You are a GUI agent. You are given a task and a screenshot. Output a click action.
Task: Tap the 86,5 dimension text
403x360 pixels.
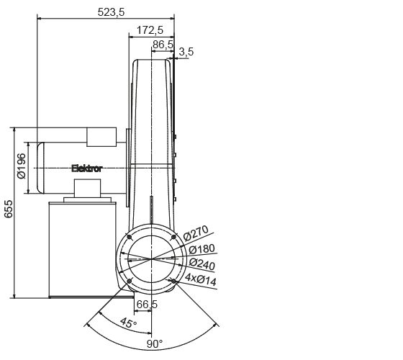[x=163, y=44]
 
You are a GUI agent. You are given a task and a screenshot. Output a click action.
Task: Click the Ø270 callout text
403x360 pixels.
[x=196, y=233]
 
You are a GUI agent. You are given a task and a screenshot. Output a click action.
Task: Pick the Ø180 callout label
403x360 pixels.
[x=201, y=249]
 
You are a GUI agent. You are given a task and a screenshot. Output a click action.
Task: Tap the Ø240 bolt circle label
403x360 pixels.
[x=202, y=264]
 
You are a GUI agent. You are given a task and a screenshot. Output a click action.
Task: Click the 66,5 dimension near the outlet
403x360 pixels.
[x=146, y=305]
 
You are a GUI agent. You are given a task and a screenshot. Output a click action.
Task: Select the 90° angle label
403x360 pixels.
[x=155, y=344]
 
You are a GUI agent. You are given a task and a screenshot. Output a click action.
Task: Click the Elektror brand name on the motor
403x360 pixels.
[x=87, y=168]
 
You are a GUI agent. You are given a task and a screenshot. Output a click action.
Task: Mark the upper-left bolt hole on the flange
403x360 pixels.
[x=128, y=237]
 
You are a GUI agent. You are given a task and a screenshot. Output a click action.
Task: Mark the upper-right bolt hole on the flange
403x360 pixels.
[x=173, y=237]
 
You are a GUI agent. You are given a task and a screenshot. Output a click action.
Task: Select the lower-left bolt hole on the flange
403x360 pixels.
[x=128, y=282]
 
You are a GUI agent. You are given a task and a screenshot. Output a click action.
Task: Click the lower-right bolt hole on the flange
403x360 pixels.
[x=173, y=282]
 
